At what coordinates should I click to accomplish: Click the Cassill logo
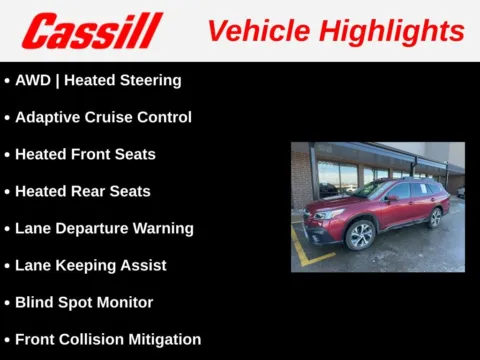click(x=92, y=30)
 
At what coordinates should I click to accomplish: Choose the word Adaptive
click(x=47, y=117)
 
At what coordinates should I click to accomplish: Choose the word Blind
click(x=35, y=302)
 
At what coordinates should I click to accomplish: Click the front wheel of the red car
click(x=361, y=236)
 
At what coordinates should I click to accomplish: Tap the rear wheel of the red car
click(x=435, y=217)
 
